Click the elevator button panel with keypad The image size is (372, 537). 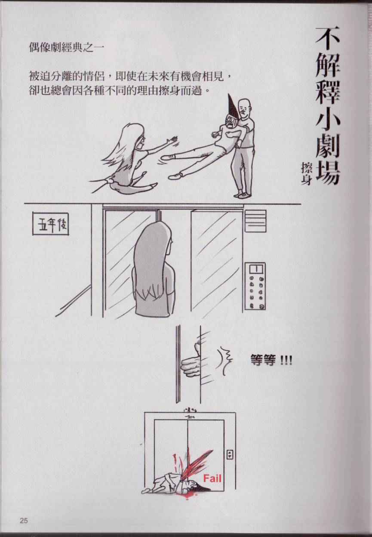pyautogui.click(x=255, y=287)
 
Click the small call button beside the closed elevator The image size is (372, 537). pyautogui.click(x=230, y=454)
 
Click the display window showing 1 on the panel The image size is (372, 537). pyautogui.click(x=256, y=269)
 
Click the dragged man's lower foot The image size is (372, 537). pyautogui.click(x=174, y=177)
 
